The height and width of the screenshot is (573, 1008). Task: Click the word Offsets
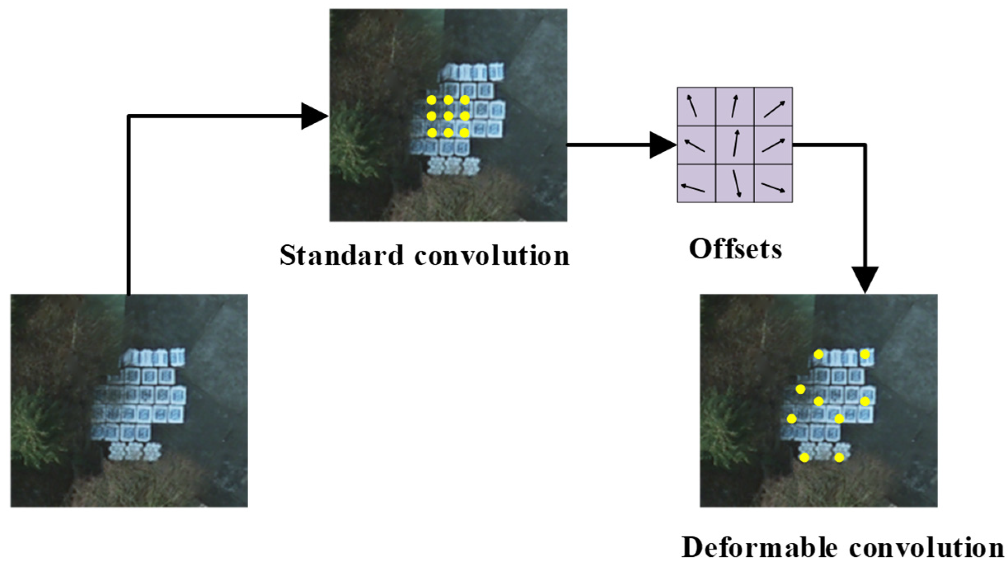735,249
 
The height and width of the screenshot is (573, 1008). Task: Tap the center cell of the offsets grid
735,145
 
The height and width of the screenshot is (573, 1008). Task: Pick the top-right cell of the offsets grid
773,106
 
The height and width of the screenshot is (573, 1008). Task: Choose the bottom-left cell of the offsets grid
696,183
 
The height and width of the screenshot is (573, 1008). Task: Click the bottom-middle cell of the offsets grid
735,183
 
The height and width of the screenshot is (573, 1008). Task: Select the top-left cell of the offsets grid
696,106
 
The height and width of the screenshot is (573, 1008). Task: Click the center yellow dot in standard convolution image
448,116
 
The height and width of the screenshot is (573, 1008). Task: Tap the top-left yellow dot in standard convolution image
432,100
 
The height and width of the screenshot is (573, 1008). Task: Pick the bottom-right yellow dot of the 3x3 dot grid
464,132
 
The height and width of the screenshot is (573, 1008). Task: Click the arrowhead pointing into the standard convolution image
314,116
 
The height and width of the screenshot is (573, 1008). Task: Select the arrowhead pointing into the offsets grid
662,145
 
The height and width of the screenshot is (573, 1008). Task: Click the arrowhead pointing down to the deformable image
865,280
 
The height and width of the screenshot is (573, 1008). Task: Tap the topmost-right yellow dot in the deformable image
865,355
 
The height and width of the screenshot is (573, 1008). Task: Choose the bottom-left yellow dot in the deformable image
804,458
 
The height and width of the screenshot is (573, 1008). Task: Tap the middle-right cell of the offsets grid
773,145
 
